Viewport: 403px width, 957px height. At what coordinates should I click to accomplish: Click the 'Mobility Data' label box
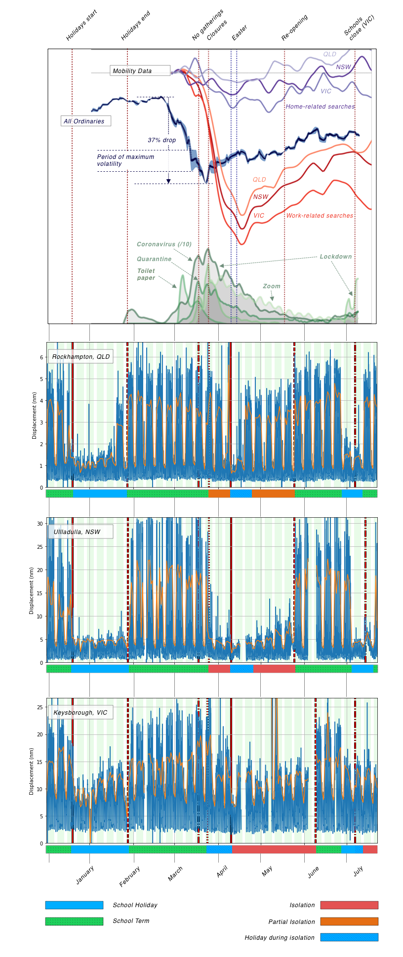click(x=140, y=71)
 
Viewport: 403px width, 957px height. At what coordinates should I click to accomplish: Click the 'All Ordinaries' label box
click(x=85, y=121)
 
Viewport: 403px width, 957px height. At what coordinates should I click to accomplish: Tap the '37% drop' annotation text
click(x=162, y=140)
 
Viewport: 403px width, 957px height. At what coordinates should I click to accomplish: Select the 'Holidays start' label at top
click(x=82, y=25)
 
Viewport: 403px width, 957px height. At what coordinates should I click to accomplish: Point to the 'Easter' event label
click(x=240, y=33)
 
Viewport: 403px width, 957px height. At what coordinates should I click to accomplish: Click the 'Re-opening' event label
click(x=295, y=28)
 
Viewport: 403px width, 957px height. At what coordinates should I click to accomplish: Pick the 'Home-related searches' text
click(x=321, y=107)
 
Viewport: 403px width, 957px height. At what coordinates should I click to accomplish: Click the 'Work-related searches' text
click(x=320, y=216)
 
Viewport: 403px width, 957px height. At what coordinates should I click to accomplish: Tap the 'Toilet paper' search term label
click(x=146, y=274)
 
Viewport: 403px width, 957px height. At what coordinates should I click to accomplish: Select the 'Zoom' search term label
click(x=272, y=286)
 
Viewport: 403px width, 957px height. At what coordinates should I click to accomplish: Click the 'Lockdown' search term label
click(x=336, y=257)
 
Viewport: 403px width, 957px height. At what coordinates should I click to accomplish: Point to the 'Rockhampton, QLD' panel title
click(x=81, y=356)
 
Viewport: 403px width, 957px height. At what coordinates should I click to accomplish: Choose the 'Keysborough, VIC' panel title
click(x=81, y=712)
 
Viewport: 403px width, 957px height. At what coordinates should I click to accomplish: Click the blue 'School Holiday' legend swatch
click(x=74, y=905)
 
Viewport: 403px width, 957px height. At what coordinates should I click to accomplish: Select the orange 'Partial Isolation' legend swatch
click(x=349, y=921)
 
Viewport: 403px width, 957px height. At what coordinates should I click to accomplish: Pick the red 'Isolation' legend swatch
click(x=349, y=905)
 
